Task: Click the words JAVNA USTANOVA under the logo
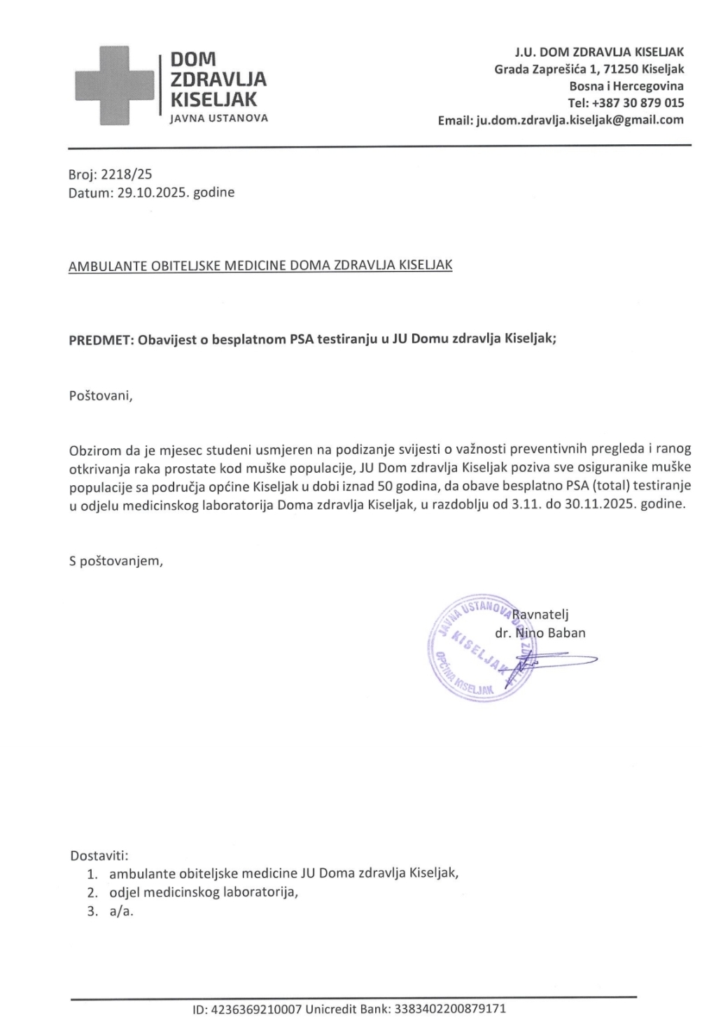pyautogui.click(x=219, y=118)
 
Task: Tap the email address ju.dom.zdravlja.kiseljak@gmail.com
pyautogui.click(x=580, y=120)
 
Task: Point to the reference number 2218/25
pyautogui.click(x=127, y=175)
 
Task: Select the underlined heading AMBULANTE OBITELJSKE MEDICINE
pyautogui.click(x=260, y=265)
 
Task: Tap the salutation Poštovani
pyautogui.click(x=100, y=396)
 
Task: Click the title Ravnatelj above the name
pyautogui.click(x=541, y=615)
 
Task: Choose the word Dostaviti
pyautogui.click(x=99, y=856)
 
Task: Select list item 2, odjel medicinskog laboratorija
pyautogui.click(x=204, y=892)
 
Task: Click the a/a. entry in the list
pyautogui.click(x=121, y=911)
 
